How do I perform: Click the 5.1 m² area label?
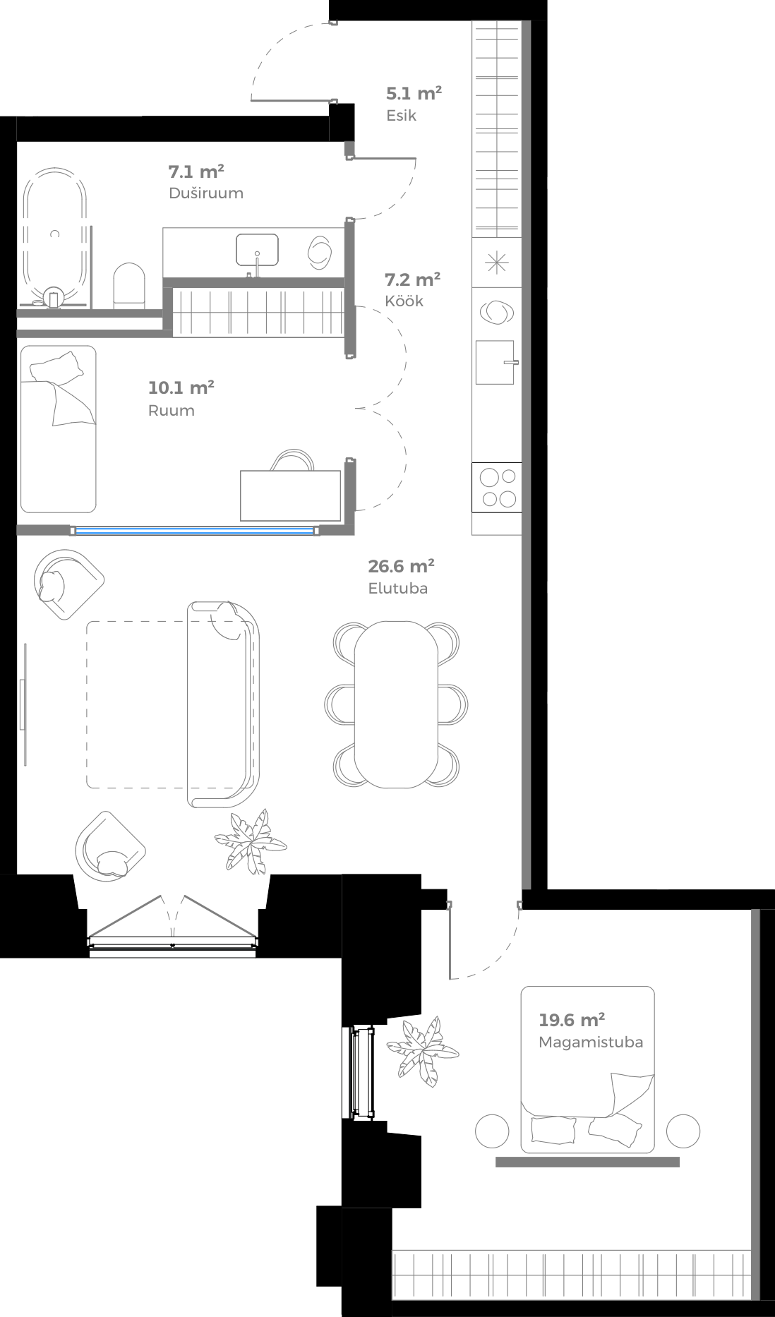414,93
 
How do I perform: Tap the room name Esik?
401,116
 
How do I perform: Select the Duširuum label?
205,193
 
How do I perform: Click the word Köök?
404,301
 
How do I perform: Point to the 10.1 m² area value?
181,387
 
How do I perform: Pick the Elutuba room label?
397,589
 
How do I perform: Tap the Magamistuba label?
590,1042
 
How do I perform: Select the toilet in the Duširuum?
128,287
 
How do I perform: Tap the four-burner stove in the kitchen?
498,488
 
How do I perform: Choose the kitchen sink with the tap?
495,362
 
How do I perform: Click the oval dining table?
395,704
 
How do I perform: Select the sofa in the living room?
223,704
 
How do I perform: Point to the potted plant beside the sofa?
251,840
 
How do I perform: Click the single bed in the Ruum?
58,428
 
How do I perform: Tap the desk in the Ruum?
290,495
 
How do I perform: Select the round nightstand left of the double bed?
492,1131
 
